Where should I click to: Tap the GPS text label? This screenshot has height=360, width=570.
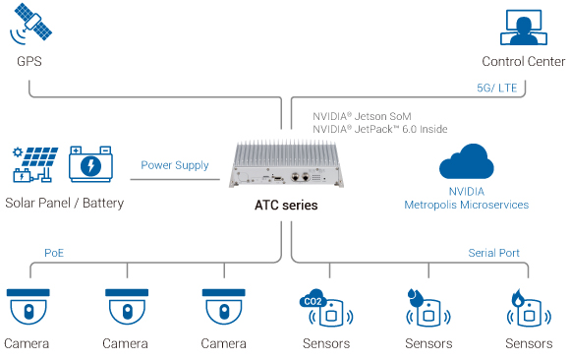click(x=29, y=62)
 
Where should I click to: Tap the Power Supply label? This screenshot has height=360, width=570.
click(x=175, y=165)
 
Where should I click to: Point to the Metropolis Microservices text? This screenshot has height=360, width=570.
click(x=466, y=205)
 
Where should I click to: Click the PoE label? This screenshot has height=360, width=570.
click(x=56, y=253)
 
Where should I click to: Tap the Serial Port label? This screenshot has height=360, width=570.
click(x=494, y=253)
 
